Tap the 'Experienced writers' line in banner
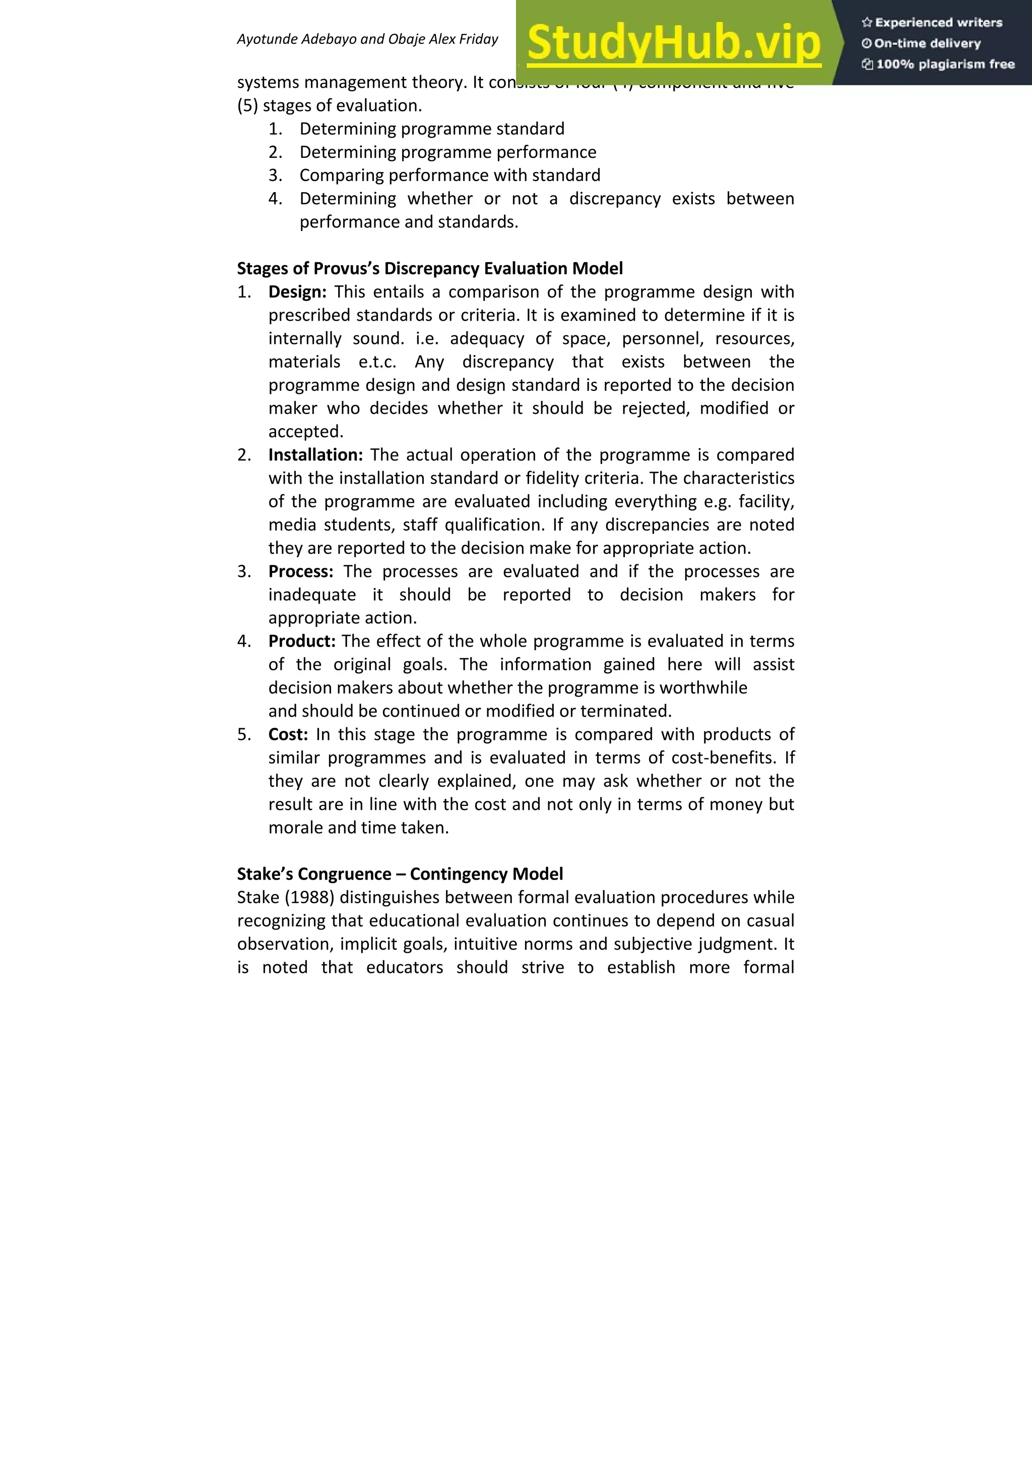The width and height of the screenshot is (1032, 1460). [x=932, y=22]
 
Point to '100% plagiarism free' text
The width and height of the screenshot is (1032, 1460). [x=938, y=64]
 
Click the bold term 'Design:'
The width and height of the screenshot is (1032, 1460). [x=297, y=292]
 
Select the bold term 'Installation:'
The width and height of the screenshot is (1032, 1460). [x=315, y=455]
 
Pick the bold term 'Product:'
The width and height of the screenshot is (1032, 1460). [x=301, y=641]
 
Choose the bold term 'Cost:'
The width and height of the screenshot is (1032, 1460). [x=288, y=734]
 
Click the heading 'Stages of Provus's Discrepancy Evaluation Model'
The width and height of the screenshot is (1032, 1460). [x=429, y=268]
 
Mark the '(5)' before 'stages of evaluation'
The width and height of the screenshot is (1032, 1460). [x=247, y=105]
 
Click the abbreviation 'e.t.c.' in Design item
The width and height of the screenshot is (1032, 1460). [x=377, y=362]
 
